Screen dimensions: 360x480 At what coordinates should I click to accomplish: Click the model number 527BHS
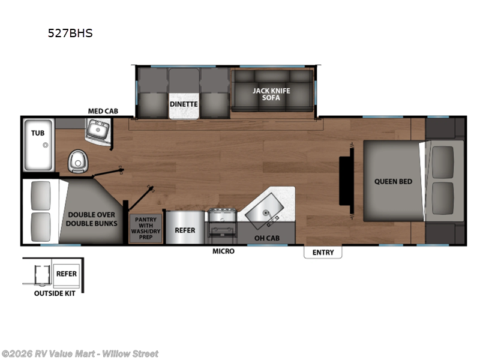(x=70, y=34)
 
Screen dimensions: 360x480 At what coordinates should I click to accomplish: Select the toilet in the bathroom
(x=76, y=159)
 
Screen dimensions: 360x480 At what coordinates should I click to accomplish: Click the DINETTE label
(x=184, y=103)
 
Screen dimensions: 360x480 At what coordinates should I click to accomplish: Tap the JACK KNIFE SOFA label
(x=271, y=94)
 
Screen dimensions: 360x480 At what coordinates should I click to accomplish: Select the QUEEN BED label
(x=393, y=181)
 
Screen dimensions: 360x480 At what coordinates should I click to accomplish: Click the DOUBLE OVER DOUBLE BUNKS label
(x=92, y=219)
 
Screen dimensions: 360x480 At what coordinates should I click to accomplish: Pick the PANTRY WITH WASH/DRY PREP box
(x=145, y=228)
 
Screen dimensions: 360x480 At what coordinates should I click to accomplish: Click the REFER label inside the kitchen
(x=184, y=230)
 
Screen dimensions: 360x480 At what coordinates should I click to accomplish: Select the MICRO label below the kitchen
(x=223, y=251)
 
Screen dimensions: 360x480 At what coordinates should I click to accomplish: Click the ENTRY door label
(x=323, y=253)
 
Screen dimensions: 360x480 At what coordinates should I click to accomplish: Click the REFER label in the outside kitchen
(x=66, y=274)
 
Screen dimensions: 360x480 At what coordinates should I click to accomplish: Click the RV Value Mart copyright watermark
(x=80, y=354)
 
